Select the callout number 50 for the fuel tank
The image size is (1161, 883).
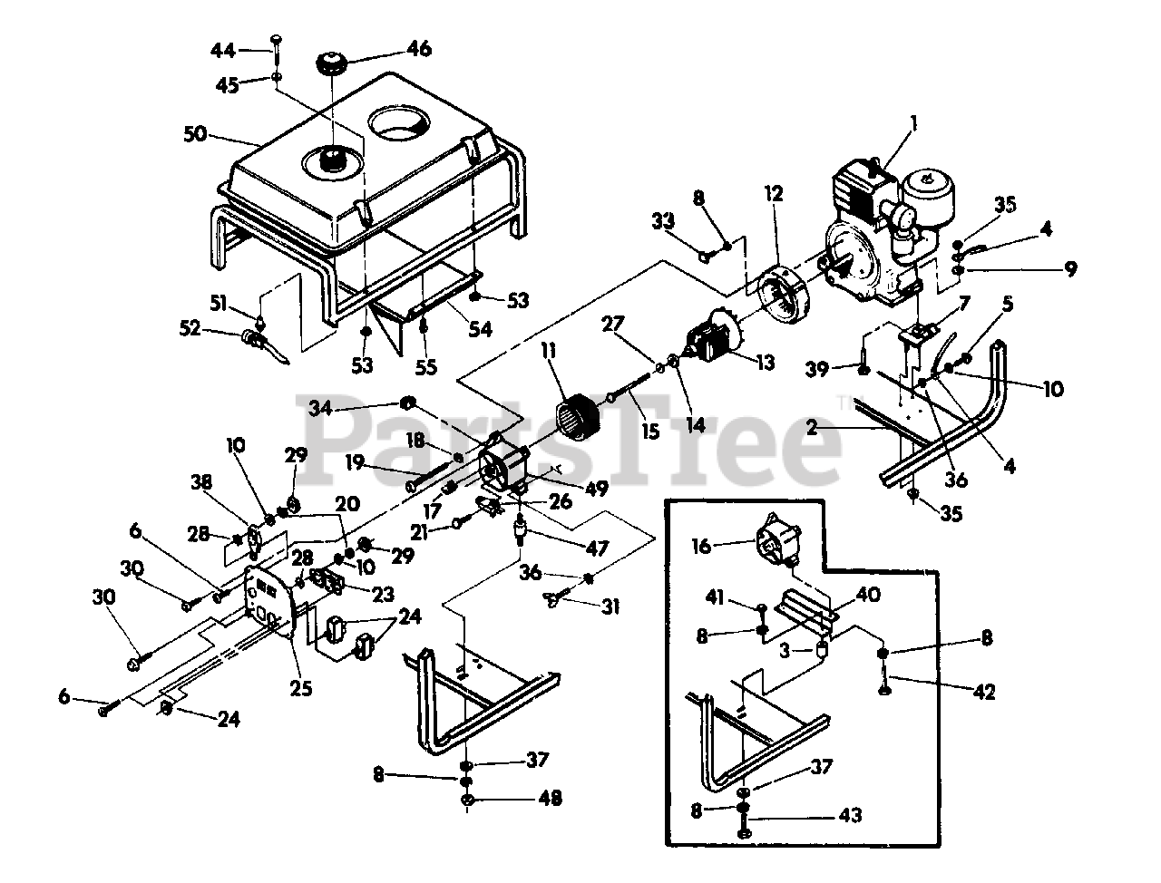click(195, 135)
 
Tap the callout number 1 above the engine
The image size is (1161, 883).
click(914, 121)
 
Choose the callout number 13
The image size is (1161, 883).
click(765, 363)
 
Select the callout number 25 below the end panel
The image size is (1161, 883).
click(301, 688)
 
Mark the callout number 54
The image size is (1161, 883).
click(480, 330)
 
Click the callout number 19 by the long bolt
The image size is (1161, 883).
click(355, 462)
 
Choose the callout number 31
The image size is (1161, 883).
click(610, 606)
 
